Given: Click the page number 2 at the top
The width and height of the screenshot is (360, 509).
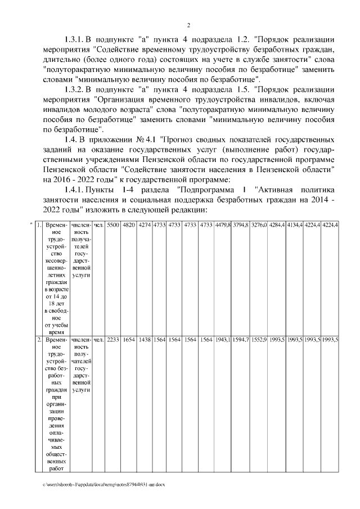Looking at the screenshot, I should point(188,25).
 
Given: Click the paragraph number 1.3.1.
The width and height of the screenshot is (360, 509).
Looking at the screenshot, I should point(74,39).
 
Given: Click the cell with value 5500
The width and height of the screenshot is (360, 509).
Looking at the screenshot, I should point(112,225).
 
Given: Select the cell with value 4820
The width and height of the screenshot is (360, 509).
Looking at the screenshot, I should point(129,225).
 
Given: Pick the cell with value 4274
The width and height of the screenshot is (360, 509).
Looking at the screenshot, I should point(145,225).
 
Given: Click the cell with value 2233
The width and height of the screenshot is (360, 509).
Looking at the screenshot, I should point(112,340).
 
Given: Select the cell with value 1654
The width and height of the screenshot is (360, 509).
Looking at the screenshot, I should point(129,340).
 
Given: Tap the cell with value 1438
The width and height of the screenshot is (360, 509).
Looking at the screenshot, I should point(145,340).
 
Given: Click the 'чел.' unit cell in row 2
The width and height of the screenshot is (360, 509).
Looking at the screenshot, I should point(98,340).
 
